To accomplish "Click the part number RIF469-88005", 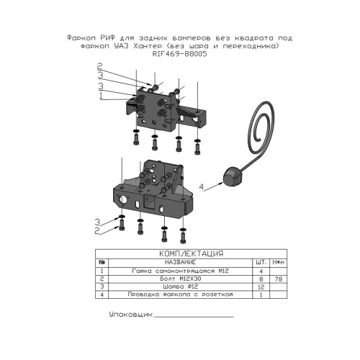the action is click(179, 54).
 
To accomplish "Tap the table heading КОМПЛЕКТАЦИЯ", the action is click(191, 253).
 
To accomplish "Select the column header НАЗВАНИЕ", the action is click(180, 262).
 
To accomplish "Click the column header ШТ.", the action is click(261, 262).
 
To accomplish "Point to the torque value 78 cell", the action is click(279, 279).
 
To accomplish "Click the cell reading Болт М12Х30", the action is click(181, 279).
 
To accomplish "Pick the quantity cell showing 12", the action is click(261, 287).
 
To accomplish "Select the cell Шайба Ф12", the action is click(181, 287).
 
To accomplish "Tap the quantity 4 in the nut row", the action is click(261, 271).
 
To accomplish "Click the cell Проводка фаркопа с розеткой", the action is click(180, 294).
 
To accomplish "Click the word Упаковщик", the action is click(131, 315).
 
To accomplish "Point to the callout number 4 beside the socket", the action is click(202, 186).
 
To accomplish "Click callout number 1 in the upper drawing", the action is click(101, 96).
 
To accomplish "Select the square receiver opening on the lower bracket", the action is click(149, 201).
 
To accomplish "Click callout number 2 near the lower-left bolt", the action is click(97, 231).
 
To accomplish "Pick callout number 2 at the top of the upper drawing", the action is click(99, 66).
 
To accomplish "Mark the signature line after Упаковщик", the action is click(194, 317).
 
